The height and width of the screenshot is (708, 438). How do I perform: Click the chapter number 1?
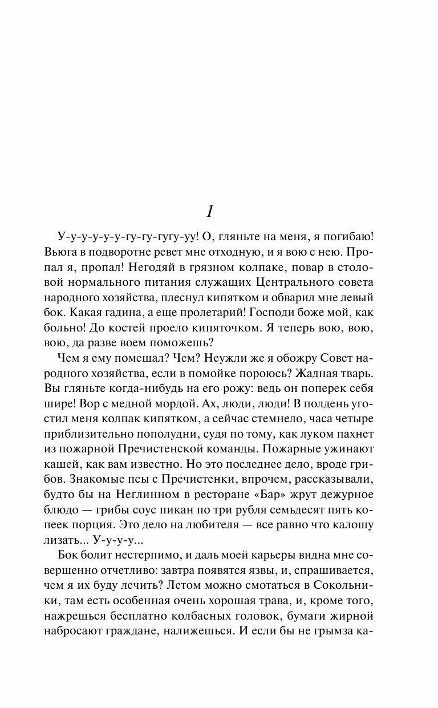(x=210, y=212)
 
